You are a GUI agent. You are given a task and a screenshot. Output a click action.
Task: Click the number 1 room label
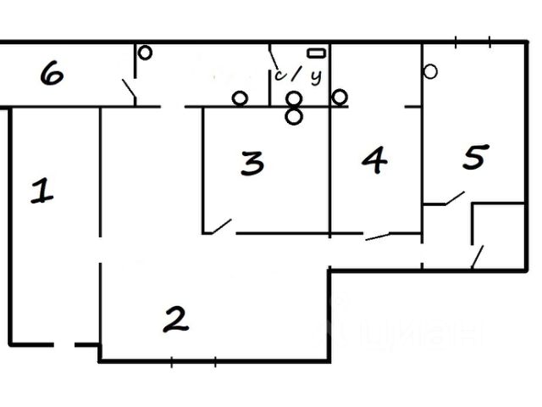point(41,191)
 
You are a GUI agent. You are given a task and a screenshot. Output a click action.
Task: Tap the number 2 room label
point(174,319)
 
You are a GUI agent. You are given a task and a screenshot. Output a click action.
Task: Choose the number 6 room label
point(51,75)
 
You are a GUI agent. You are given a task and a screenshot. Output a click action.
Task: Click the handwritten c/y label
point(299,76)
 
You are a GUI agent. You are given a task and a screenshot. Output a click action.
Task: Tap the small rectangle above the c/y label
point(317,53)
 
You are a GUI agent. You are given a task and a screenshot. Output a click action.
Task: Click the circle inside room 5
point(430,72)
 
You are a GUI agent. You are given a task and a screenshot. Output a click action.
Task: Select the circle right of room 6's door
point(145,53)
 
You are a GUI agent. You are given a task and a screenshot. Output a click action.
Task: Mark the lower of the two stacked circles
point(294,116)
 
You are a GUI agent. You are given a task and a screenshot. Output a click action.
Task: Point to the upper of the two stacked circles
point(294,99)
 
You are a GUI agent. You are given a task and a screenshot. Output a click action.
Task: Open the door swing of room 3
point(218,226)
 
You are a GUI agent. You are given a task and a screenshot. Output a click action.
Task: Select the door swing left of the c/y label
point(276,61)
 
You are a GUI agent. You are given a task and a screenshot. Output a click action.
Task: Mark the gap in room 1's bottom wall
point(64,344)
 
